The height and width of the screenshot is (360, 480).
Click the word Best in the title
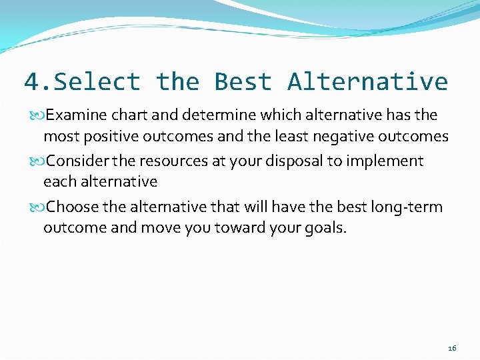point(243,82)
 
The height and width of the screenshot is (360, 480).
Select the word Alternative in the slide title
point(367,82)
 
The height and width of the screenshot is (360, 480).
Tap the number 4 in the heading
point(31,82)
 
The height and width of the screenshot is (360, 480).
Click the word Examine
point(75,115)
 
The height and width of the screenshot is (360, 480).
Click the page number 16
point(452,348)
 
